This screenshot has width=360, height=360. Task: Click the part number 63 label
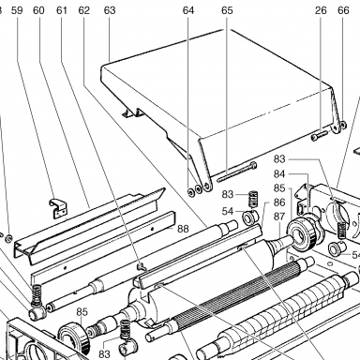[110, 10]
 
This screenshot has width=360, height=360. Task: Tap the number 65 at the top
[227, 10]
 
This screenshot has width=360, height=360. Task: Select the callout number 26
[321, 10]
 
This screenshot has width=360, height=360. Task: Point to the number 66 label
[343, 10]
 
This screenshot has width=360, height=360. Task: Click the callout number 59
[17, 10]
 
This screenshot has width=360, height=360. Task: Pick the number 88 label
[183, 229]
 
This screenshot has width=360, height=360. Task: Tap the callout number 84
[279, 173]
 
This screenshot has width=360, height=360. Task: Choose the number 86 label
[279, 202]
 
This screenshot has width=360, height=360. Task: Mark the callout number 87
[279, 217]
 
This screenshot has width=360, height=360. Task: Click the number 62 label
[84, 10]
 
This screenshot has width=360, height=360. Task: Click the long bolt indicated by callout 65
[237, 172]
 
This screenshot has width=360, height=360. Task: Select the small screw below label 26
[319, 136]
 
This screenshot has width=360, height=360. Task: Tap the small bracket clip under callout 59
[58, 207]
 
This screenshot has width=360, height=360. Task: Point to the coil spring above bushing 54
[253, 199]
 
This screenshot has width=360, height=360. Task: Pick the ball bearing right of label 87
[302, 232]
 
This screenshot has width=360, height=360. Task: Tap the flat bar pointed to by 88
[103, 247]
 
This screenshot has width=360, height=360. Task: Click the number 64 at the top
[188, 10]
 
